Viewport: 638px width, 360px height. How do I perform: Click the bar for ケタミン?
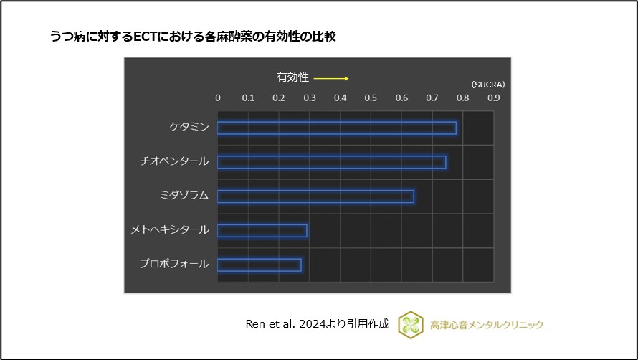(x=337, y=128)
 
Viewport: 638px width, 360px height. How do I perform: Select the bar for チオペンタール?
(x=331, y=162)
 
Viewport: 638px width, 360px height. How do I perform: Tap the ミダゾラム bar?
(x=315, y=196)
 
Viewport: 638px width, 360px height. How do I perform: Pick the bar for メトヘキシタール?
(x=262, y=231)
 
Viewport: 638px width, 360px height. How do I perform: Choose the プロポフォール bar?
(x=260, y=265)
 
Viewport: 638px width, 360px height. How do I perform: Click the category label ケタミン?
(x=189, y=127)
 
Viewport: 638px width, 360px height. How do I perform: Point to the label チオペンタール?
(x=174, y=161)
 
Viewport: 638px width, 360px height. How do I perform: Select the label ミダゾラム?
(x=184, y=196)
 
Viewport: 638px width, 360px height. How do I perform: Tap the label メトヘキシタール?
(x=170, y=230)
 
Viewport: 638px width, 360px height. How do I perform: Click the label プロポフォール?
(x=174, y=264)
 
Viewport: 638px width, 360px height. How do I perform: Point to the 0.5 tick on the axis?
(x=371, y=98)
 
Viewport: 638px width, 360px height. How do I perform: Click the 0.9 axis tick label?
(x=493, y=98)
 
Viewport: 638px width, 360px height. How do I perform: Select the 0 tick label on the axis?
(x=218, y=98)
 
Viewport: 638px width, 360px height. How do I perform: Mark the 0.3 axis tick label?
(x=310, y=98)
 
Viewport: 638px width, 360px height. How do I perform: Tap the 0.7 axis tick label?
(x=432, y=98)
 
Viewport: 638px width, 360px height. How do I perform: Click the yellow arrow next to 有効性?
(x=331, y=78)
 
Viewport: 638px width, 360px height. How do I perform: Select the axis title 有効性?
(x=292, y=77)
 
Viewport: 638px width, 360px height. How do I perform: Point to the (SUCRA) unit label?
(x=488, y=84)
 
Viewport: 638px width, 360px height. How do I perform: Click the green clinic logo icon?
(x=411, y=324)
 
